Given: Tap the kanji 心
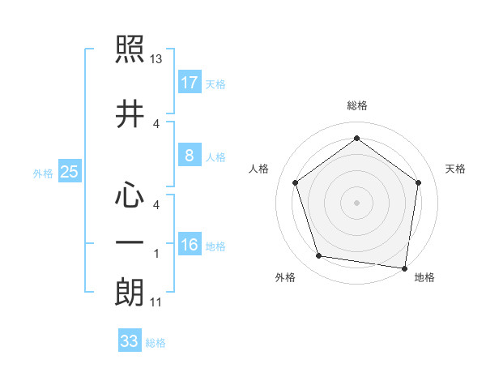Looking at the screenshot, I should click(x=130, y=197).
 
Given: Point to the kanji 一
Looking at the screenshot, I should click(x=130, y=243).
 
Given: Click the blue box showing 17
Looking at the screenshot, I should click(x=190, y=83).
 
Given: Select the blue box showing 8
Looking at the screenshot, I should click(x=190, y=156).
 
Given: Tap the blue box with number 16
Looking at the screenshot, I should click(x=190, y=245).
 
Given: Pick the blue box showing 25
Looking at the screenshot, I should click(x=69, y=172).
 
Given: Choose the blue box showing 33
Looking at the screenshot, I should click(x=130, y=341).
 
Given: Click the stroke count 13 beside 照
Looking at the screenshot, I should click(x=157, y=59).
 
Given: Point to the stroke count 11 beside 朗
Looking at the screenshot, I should click(x=157, y=302).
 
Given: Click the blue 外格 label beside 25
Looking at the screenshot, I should click(x=43, y=173).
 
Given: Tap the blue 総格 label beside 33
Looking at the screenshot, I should click(x=156, y=343).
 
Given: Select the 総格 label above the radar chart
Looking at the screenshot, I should click(x=357, y=106).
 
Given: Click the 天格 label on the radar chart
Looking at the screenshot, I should click(x=456, y=169).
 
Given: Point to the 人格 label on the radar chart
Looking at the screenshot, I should click(x=258, y=169).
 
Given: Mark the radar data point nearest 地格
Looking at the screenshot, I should click(x=404, y=268).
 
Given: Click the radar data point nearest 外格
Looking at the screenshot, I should click(x=319, y=256).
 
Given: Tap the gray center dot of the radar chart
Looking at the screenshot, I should click(x=356, y=202).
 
